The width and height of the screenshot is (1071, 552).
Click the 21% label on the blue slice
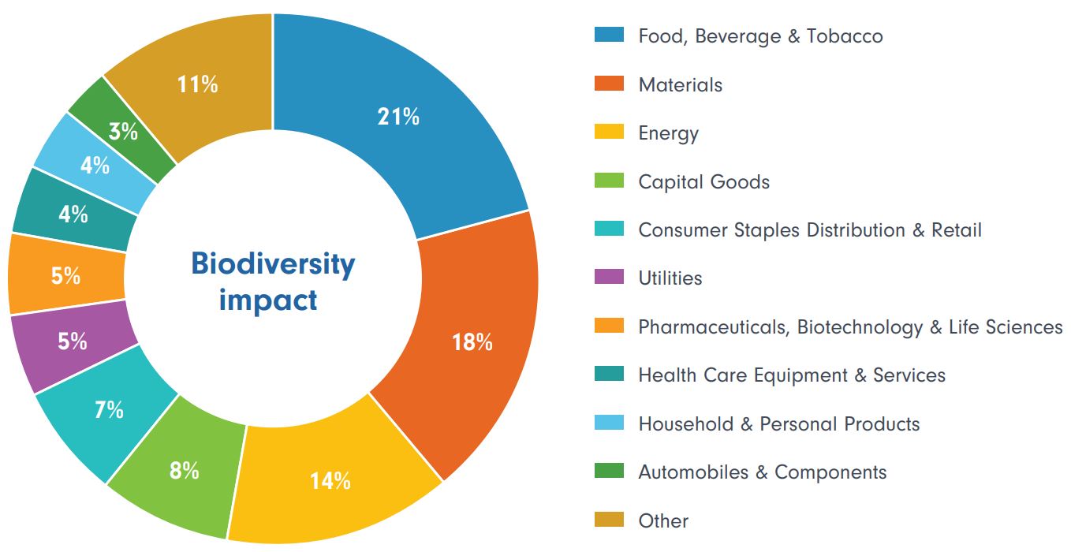coord(398,117)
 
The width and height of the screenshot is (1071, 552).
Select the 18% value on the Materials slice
coord(472,342)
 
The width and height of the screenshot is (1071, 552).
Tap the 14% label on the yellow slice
coord(330,480)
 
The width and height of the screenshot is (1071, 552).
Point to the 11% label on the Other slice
coord(197,84)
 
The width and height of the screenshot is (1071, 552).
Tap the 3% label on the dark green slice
coord(123,132)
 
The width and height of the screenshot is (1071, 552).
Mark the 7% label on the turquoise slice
coord(109,409)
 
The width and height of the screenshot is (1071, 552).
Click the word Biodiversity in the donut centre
coord(273,263)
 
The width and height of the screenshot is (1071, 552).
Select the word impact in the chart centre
coord(268,300)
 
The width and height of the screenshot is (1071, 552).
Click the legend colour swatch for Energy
coord(609,132)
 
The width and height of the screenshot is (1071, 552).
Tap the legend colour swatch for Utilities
coord(609,278)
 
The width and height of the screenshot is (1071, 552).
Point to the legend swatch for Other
coord(609,520)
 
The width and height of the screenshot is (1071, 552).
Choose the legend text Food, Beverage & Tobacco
coord(760,36)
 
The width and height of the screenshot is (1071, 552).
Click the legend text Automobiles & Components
coord(762,472)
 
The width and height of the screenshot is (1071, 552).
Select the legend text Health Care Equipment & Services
coord(791,375)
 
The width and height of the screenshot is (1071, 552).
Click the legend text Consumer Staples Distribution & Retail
coord(810,230)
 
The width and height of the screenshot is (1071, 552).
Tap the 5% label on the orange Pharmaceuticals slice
coord(66,276)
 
